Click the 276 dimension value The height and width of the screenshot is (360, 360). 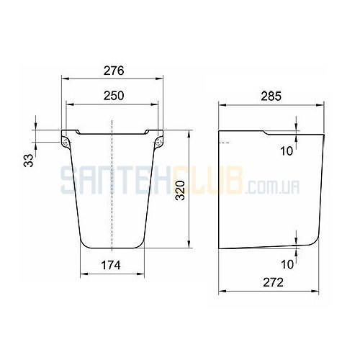114,71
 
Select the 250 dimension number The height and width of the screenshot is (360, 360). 114,96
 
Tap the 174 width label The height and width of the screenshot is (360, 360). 111,266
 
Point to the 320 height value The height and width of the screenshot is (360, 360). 181,191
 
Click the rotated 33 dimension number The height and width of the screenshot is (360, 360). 28,161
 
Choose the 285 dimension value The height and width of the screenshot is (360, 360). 271,96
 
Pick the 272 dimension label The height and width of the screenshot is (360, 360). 273,282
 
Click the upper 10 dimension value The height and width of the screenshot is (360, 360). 287,151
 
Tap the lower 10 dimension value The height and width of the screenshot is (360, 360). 287,264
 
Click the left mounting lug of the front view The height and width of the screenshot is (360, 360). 65,143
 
